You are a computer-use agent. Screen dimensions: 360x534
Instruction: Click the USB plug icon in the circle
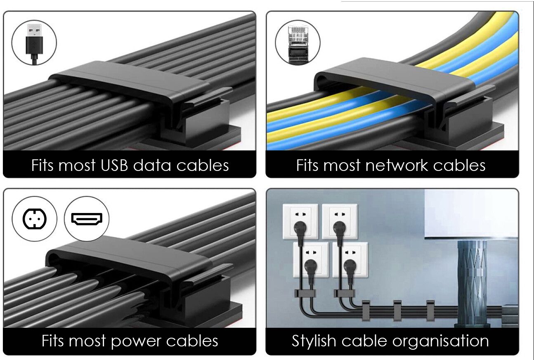pos(34,43)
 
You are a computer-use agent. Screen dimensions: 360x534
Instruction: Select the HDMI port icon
pos(87,218)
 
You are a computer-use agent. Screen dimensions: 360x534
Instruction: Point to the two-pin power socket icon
pos(34,218)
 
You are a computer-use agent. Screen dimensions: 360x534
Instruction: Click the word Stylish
pos(314,341)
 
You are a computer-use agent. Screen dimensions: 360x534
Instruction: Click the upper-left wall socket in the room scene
pos(300,221)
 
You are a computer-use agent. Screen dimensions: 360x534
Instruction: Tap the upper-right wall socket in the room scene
pos(339,221)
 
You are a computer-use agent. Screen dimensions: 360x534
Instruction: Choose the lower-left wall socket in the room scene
pos(310,260)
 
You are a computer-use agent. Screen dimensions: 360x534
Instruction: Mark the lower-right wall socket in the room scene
pos(350,260)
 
